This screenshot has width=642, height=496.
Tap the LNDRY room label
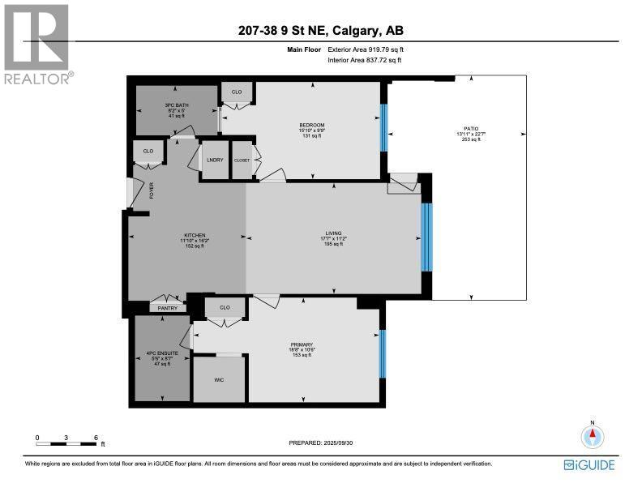[215, 160]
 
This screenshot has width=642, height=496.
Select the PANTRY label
[167, 308]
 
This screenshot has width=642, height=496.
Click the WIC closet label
[219, 379]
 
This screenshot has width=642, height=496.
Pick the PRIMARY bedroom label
[302, 344]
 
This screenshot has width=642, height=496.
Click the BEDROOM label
[311, 125]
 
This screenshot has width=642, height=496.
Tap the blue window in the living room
[426, 237]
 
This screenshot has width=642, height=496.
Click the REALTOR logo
[37, 42]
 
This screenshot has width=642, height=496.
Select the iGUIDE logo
[589, 465]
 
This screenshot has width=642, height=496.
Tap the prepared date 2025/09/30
[322, 443]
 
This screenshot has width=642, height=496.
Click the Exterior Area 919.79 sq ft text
[365, 50]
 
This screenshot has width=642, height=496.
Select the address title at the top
[320, 31]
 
